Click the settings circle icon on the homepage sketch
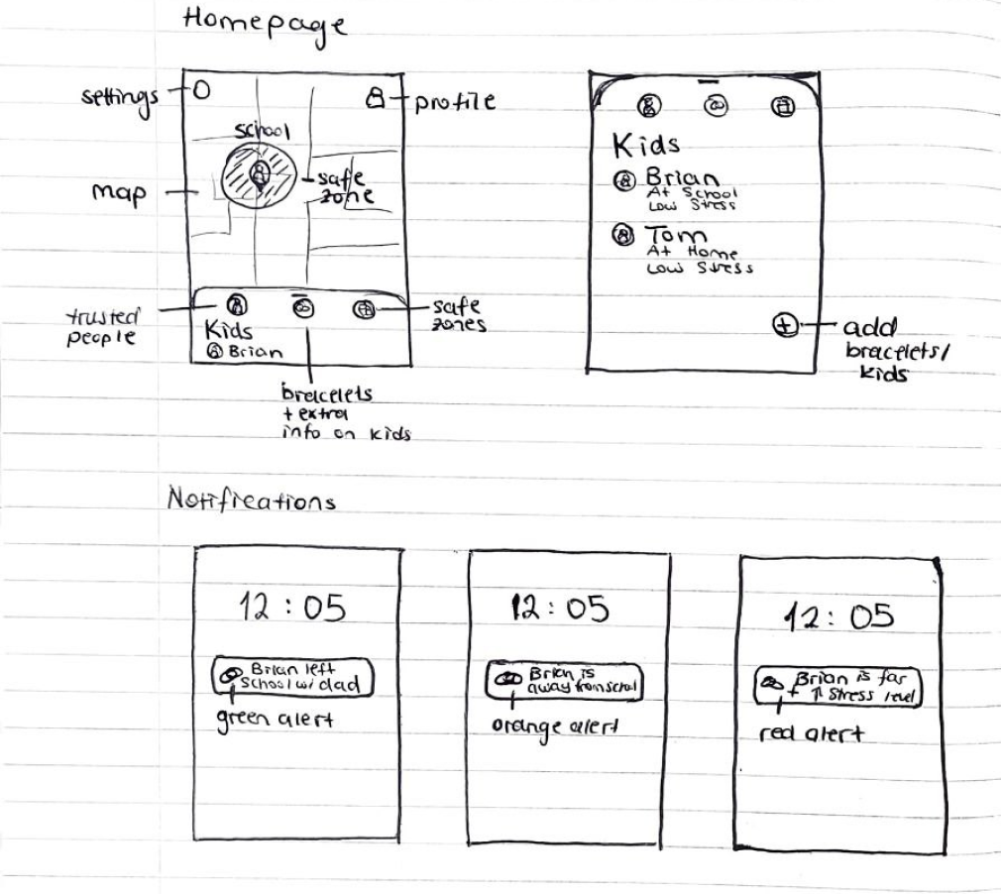(201, 92)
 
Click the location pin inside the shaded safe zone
(259, 174)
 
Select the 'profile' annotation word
(455, 101)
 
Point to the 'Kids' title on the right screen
(646, 146)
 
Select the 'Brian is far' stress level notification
(838, 686)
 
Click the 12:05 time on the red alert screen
(839, 616)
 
